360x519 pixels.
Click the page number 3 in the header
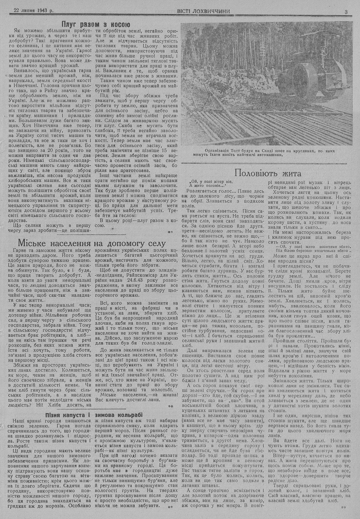(346, 11)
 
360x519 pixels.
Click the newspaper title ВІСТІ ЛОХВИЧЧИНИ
(203, 11)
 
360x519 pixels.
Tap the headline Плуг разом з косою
(95, 25)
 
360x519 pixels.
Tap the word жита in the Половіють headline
(288, 172)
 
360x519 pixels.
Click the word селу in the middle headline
(156, 243)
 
